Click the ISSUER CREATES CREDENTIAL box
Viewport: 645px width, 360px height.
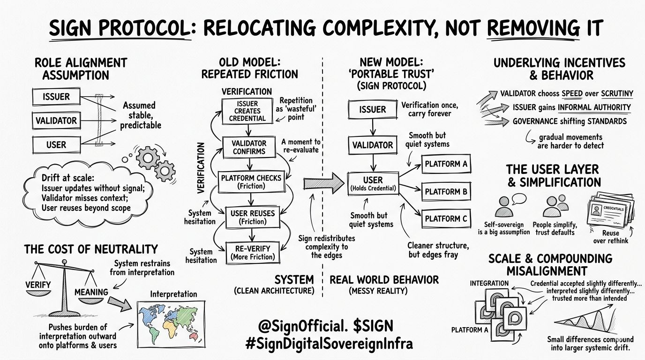pos(247,111)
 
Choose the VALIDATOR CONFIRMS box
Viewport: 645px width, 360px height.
pos(249,147)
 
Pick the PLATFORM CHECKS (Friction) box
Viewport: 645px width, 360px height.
pos(251,181)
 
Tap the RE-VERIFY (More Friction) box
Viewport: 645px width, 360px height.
pos(253,252)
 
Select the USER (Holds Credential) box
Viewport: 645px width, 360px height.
pos(373,184)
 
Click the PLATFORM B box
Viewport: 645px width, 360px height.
pos(446,191)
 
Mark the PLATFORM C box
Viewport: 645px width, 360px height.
pos(446,218)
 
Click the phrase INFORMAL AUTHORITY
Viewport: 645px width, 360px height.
pos(594,107)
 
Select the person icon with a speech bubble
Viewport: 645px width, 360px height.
pos(507,205)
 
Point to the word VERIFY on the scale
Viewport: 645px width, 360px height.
pos(38,284)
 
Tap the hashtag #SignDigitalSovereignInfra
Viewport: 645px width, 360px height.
pos(330,344)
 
